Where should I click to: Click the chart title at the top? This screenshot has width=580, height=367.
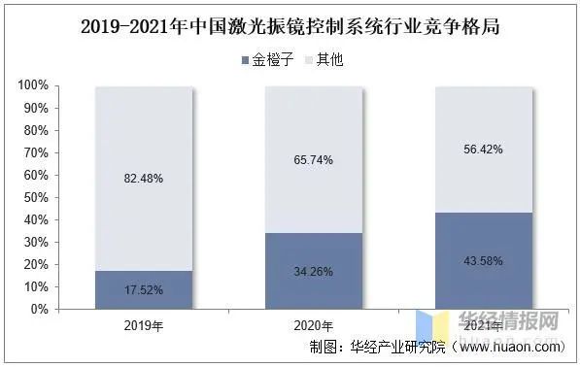[290, 26]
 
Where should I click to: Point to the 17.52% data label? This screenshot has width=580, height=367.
[144, 290]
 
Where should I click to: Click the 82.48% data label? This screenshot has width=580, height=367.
[144, 178]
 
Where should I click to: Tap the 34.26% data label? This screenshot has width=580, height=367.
[314, 271]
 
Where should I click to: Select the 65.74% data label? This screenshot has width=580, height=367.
[314, 159]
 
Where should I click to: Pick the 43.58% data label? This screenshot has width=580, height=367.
[484, 261]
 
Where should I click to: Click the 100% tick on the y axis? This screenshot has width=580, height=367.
[33, 85]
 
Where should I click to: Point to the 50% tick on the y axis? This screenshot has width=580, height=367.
[36, 198]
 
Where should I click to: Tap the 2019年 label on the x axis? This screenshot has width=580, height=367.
[144, 325]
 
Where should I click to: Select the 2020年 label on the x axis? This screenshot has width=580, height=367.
[314, 325]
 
